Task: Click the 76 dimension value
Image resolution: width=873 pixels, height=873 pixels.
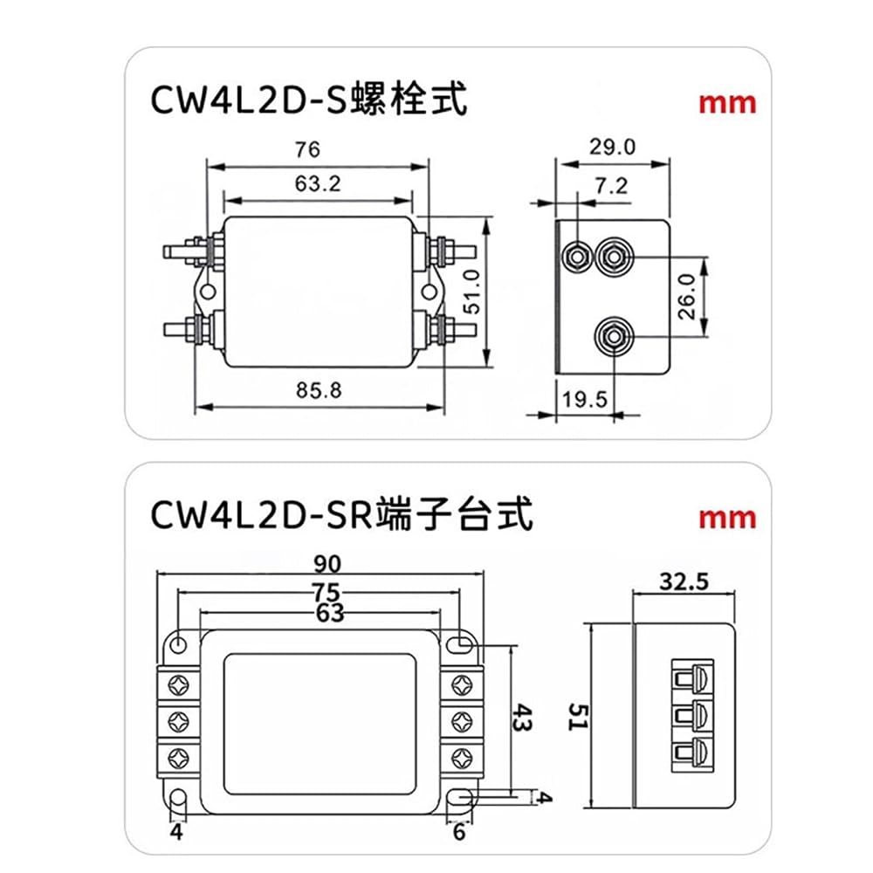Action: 307,150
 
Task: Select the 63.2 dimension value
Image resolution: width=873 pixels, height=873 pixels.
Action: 318,183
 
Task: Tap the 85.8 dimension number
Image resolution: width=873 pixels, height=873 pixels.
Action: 319,390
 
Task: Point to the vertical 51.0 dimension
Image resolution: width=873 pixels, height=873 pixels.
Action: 471,292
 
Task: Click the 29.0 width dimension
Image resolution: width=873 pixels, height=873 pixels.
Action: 613,147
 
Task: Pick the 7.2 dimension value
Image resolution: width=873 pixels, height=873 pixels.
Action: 611,185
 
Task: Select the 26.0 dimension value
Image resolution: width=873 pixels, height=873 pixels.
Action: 687,296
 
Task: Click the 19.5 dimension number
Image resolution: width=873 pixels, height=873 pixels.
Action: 584,399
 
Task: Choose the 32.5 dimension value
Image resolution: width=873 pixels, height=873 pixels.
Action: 684,581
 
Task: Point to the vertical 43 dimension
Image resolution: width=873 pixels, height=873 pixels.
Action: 522,718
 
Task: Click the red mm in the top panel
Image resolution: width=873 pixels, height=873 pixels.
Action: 727,104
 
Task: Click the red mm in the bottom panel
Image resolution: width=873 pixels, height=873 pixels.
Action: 727,519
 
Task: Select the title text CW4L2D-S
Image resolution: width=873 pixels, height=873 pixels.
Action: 249,100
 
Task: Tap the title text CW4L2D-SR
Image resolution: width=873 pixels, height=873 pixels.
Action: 261,515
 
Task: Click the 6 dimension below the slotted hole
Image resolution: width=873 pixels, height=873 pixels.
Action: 459,832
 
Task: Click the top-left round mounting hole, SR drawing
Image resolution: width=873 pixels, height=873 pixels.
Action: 178,645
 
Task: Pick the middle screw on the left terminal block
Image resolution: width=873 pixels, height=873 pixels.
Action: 178,722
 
